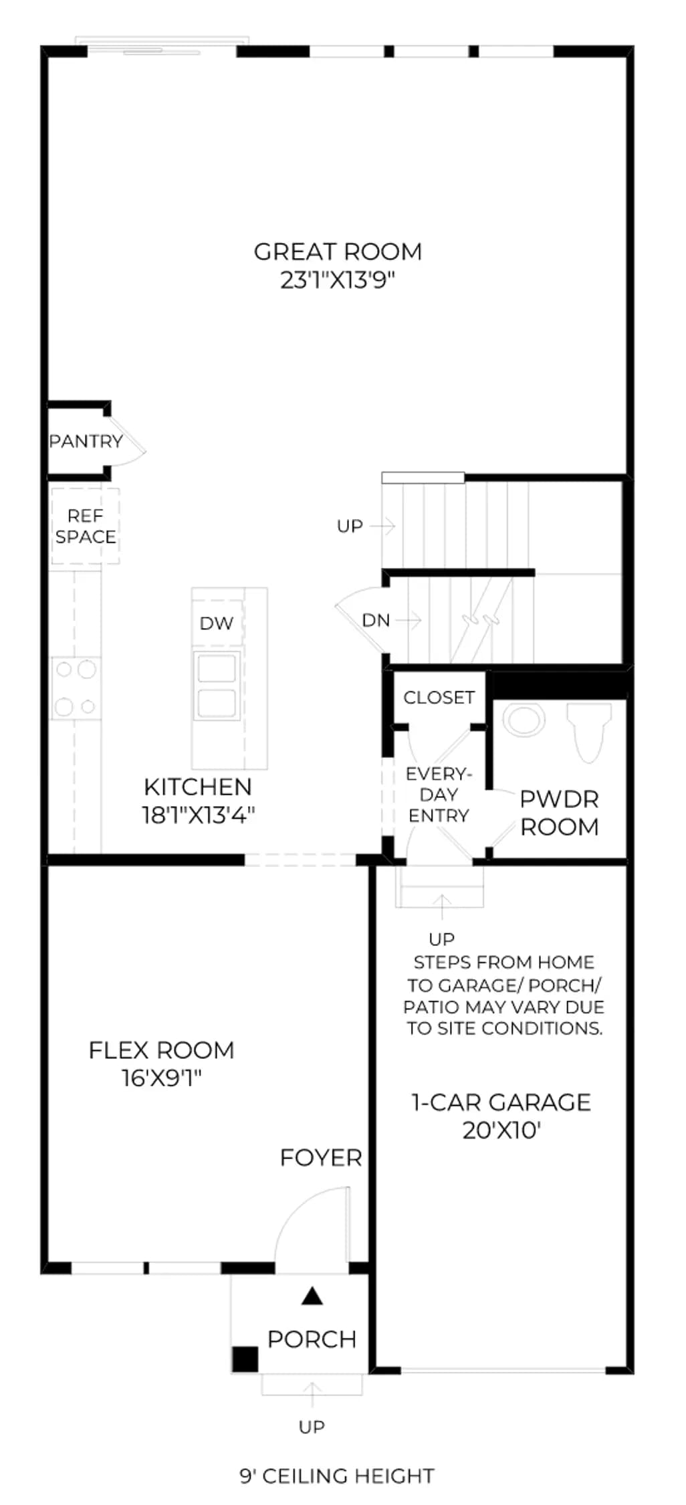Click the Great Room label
tap(338, 252)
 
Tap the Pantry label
tap(86, 441)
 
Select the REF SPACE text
tap(86, 526)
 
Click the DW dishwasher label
tap(217, 623)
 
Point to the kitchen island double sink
tap(217, 685)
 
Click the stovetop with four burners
tap(76, 688)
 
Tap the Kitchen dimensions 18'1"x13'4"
tap(199, 815)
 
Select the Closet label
tap(439, 698)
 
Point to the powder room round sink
tap(524, 720)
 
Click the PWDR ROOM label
tap(560, 813)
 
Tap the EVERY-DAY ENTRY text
tap(439, 795)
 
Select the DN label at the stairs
tap(376, 621)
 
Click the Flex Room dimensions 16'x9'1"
tap(161, 1078)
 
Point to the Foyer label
tap(321, 1158)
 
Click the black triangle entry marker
tap(312, 1296)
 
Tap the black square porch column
tap(245, 1359)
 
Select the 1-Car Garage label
tap(501, 1102)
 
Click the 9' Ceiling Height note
tap(337, 1476)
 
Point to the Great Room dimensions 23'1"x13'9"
tap(338, 280)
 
